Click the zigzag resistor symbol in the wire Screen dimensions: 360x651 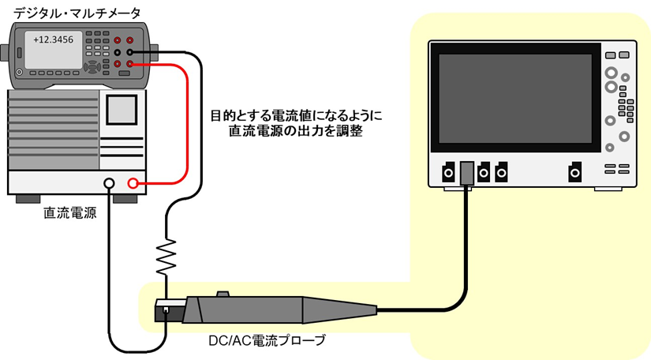click(x=166, y=253)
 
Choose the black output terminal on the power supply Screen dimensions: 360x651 click(x=109, y=185)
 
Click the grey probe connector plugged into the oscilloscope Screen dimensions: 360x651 click(x=466, y=174)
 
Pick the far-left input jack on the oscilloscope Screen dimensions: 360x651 click(x=447, y=171)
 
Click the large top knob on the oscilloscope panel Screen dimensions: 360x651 click(x=612, y=73)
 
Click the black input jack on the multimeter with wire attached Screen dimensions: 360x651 click(x=130, y=51)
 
